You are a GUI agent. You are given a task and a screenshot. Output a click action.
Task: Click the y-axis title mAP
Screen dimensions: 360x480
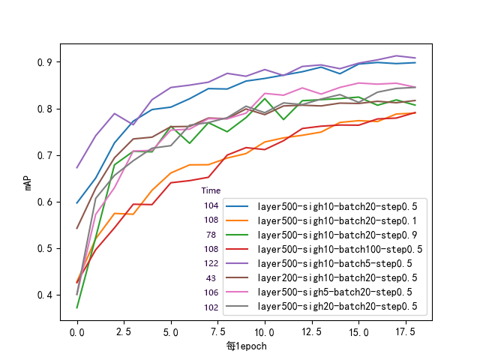[28, 181]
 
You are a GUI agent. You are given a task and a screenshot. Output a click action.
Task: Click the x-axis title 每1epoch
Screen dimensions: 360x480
[246, 346]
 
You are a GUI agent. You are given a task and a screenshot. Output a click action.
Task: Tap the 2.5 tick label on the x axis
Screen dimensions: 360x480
[124, 331]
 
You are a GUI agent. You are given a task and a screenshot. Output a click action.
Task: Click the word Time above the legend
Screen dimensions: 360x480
[211, 190]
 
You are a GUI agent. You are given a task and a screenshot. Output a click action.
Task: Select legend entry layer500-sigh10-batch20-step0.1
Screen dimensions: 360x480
[337, 220]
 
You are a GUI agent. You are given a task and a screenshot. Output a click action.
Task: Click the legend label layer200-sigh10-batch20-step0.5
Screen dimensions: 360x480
[337, 277]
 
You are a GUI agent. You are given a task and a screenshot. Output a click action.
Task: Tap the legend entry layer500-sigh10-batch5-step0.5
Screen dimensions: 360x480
[334, 263]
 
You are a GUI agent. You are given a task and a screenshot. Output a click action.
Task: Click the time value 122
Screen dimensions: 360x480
[211, 263]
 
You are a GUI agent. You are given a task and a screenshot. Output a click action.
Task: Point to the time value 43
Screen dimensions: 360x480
[211, 277]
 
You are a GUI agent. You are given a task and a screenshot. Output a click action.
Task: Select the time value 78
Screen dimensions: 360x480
[211, 234]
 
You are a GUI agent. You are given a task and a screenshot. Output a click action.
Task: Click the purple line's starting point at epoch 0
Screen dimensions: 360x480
[77, 167]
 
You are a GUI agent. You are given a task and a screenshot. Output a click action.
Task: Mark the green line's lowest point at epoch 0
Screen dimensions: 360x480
[77, 307]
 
